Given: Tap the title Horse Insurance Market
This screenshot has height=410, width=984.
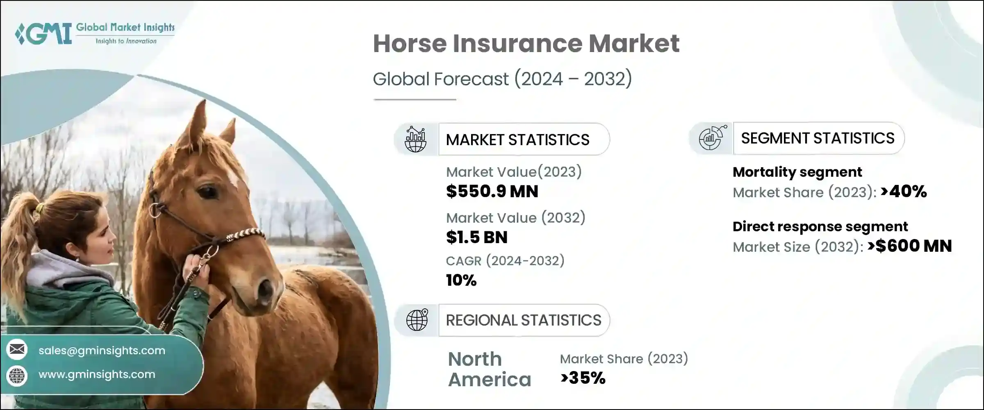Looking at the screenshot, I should point(526,43).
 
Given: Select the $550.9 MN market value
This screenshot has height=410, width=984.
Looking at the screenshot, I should point(492,191).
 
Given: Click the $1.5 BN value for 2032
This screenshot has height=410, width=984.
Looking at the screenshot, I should point(477,237).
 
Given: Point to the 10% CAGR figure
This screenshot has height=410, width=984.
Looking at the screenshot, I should point(461,280).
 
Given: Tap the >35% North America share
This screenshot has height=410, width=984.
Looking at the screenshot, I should point(583,378).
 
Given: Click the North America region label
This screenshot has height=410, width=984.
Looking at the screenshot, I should point(489,369).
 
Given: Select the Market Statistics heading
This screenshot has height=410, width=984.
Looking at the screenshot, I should point(517,140).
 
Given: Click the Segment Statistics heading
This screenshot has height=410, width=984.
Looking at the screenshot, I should point(818,139).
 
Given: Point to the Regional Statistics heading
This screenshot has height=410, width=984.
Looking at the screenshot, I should point(524,320).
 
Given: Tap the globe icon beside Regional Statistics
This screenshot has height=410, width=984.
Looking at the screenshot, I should point(417,320).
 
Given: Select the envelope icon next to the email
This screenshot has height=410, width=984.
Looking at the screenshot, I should point(17,350).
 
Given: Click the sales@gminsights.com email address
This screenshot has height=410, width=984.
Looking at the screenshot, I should point(102,351).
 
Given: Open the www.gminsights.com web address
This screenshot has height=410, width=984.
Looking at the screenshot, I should point(97,374).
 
